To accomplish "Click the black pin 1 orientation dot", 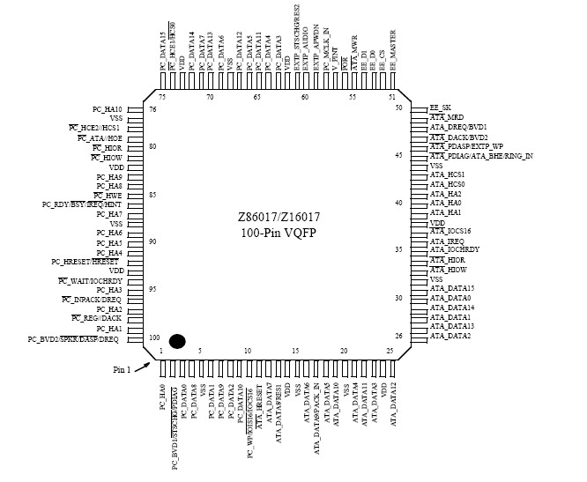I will [x=177, y=341].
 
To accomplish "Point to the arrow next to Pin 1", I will [x=143, y=363].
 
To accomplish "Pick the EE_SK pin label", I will [x=441, y=108].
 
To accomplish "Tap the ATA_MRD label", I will [x=447, y=117].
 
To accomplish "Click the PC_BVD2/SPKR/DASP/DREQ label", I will [x=73, y=338].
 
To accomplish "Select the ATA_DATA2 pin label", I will [x=450, y=336].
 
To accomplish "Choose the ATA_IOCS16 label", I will [x=452, y=232].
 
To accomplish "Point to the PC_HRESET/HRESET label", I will [x=86, y=262].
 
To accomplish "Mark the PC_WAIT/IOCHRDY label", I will [x=91, y=281].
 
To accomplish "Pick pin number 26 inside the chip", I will [x=398, y=336].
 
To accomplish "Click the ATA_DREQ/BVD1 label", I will [x=457, y=127].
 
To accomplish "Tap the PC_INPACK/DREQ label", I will [x=92, y=300].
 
